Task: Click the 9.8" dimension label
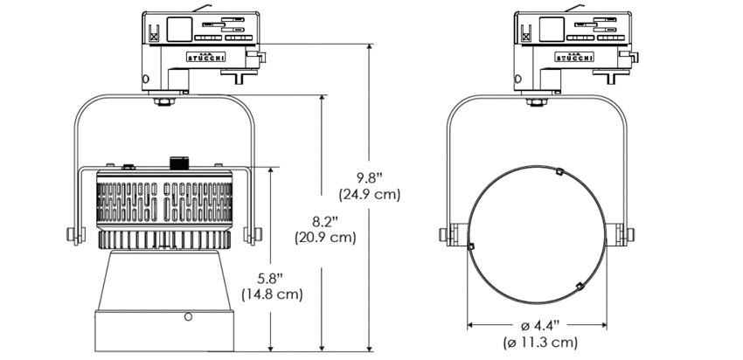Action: [370, 178]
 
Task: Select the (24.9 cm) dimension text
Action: [370, 195]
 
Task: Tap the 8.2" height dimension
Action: [324, 221]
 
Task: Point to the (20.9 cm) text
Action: [325, 238]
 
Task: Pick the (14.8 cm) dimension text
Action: [272, 294]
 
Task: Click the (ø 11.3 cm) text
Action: [540, 342]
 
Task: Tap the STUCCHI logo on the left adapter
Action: [205, 58]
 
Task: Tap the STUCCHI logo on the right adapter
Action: [574, 58]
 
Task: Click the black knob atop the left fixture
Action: [179, 163]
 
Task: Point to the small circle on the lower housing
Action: [188, 316]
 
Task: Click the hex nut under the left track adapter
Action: [164, 101]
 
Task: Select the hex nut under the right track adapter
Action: [537, 101]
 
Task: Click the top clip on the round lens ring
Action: [559, 171]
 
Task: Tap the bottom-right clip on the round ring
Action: [579, 286]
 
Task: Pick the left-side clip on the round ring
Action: [471, 246]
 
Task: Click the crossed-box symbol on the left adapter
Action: [154, 36]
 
